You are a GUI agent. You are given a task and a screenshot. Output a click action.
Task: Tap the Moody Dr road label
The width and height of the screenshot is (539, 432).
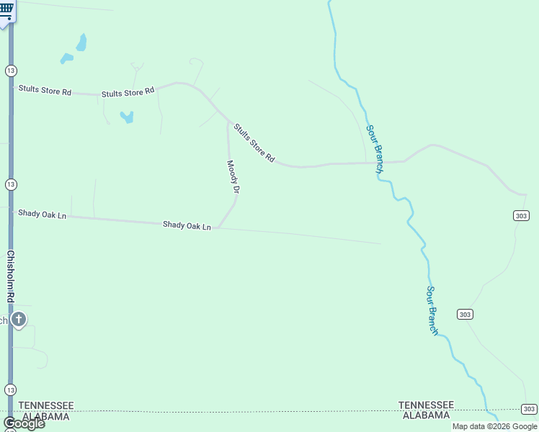[x=233, y=176]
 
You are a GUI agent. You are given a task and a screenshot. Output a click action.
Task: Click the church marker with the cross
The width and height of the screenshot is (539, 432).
[x=19, y=319]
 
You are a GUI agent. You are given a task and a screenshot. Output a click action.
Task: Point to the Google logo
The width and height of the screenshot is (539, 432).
[x=24, y=423]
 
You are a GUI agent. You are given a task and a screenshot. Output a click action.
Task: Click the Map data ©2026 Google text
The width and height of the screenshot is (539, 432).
[x=494, y=426]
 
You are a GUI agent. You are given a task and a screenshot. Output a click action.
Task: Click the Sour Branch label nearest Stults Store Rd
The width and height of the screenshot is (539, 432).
[x=373, y=149]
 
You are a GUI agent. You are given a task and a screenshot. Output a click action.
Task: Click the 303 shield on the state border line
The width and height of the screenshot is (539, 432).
[x=529, y=409]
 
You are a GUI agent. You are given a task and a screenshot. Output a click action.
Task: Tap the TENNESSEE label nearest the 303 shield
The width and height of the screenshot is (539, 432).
[x=427, y=405]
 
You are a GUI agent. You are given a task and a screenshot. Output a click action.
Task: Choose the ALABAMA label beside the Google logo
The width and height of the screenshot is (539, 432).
[x=46, y=416]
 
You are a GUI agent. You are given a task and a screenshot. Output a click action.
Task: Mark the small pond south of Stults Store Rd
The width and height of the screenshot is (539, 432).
[x=128, y=117]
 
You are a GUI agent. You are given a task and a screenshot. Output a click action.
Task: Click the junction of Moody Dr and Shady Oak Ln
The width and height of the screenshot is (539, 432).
[x=219, y=228]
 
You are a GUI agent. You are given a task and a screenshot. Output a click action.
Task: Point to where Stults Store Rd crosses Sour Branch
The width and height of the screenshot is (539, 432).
[x=377, y=163]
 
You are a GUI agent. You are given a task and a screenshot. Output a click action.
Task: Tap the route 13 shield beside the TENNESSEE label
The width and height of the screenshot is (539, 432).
[x=10, y=390]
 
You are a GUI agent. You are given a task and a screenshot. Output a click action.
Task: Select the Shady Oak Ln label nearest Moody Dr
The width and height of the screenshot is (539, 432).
[x=187, y=225]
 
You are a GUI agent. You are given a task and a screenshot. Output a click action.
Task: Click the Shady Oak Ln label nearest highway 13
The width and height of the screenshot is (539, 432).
[x=42, y=214]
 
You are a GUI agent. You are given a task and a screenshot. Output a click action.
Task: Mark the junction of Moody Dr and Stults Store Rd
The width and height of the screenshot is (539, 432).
[x=229, y=122]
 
